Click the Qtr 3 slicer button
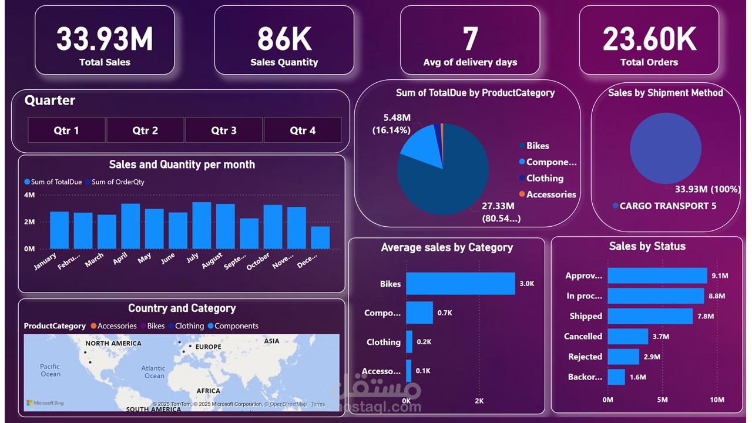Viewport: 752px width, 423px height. [224, 130]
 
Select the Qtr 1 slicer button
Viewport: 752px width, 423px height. [66, 130]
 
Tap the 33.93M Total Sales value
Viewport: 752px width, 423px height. [105, 39]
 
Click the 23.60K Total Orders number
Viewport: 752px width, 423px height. [649, 39]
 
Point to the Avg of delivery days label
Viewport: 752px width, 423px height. [470, 62]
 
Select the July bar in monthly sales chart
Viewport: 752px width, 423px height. [202, 226]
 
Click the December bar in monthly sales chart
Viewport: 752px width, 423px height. [320, 237]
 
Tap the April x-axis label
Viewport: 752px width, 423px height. [120, 259]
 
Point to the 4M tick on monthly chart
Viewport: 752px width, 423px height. [29, 195]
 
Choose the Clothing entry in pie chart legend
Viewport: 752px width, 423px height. [544, 179]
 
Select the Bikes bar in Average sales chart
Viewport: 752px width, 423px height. [460, 284]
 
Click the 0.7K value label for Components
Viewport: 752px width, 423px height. [445, 313]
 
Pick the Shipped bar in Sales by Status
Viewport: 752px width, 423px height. [650, 316]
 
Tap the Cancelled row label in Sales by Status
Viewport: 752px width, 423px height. [583, 337]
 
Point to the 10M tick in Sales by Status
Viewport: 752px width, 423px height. [717, 400]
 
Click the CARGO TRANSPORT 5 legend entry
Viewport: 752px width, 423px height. [667, 206]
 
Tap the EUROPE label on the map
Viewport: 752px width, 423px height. [208, 347]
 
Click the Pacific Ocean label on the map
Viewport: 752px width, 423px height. [50, 370]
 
